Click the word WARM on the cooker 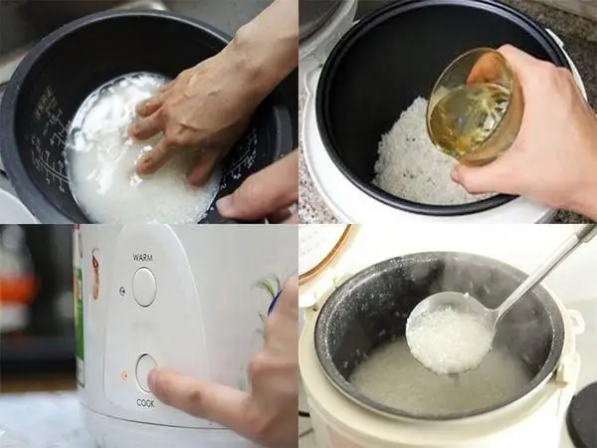click(x=143, y=257)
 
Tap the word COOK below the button click(x=145, y=403)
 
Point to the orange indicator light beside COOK click(x=123, y=376)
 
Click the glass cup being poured click(x=472, y=108)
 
